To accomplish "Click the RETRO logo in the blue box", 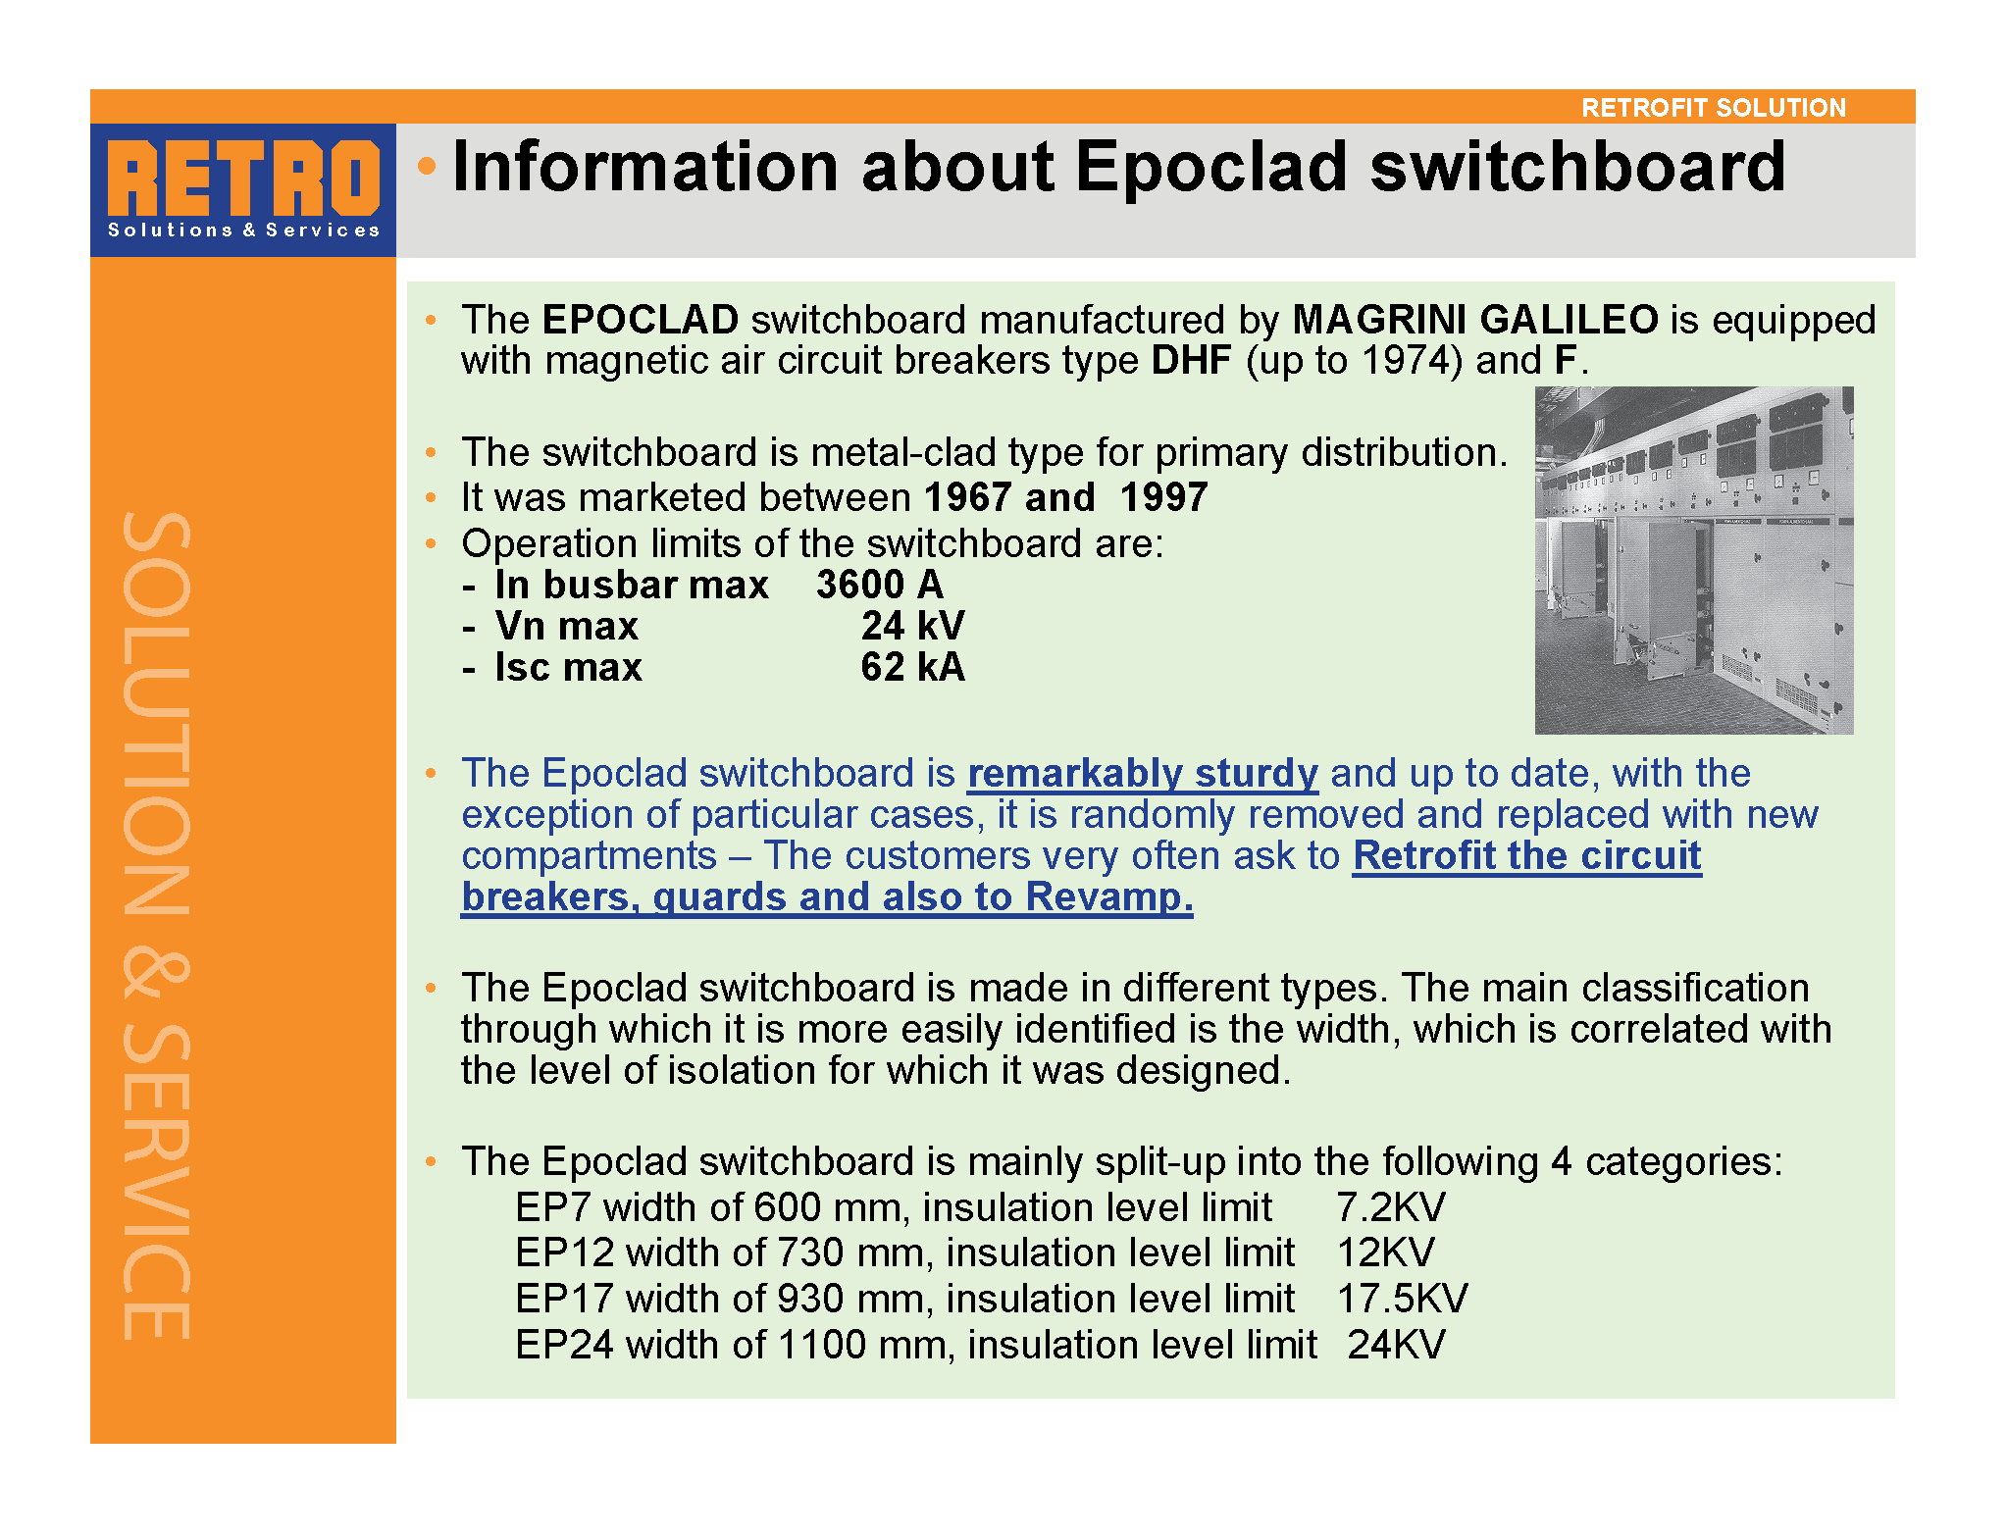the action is click(x=243, y=179).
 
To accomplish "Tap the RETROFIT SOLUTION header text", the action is click(x=1714, y=107).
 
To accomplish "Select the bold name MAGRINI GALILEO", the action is click(x=1475, y=320).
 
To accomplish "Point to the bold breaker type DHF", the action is click(x=1191, y=360).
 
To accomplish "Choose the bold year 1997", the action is click(x=1163, y=497).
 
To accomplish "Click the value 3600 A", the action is click(x=880, y=585).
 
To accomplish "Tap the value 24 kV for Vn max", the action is click(x=913, y=626).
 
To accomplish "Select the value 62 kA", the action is click(x=913, y=667).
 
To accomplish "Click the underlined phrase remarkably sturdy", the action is click(x=1143, y=774).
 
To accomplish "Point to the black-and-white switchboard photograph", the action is click(x=1694, y=560).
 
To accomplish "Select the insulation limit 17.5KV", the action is click(x=1403, y=1299).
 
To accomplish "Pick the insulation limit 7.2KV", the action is click(x=1391, y=1207).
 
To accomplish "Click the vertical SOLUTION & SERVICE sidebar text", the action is click(x=156, y=926).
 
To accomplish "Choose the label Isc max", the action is click(x=569, y=667).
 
